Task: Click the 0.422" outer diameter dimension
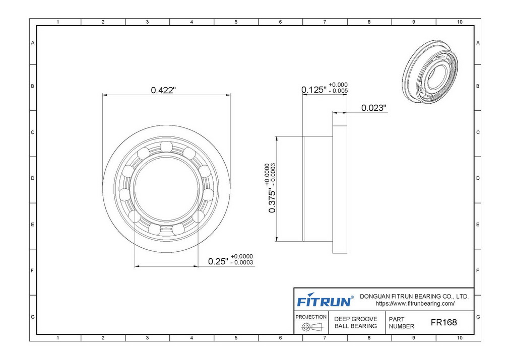coord(163,90)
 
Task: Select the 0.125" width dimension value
coord(314,90)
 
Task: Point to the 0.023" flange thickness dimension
coord(374,108)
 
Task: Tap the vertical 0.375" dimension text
coord(272,197)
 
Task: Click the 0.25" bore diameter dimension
coord(218,261)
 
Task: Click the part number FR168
coord(443,322)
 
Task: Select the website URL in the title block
coord(415,304)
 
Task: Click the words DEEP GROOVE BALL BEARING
coord(356,322)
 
